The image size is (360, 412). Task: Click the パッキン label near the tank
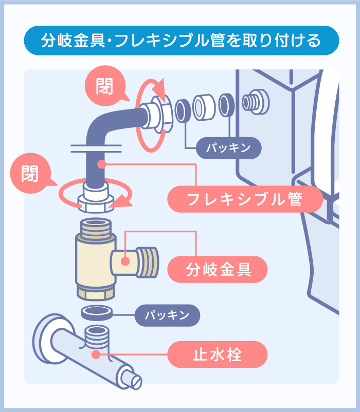(229, 148)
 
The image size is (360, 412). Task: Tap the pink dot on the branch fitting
(125, 260)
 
